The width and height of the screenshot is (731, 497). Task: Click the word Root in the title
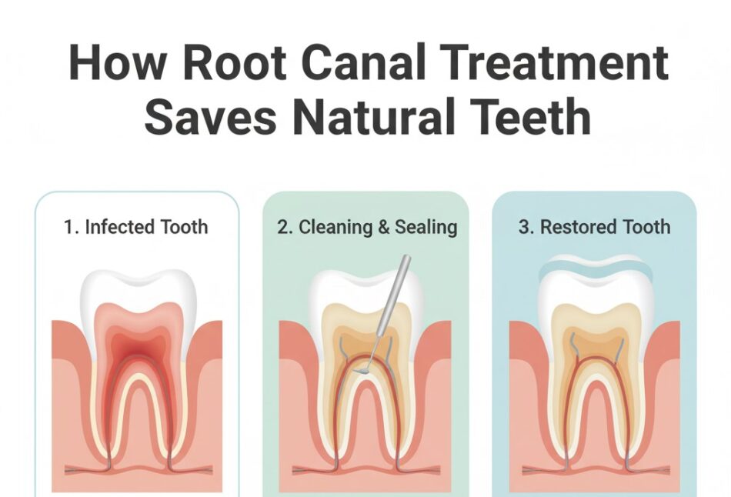coord(234,63)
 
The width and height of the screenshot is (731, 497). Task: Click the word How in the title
coord(117,62)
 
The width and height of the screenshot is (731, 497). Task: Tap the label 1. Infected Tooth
coord(135,227)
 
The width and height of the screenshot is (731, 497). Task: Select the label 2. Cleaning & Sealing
coord(367,227)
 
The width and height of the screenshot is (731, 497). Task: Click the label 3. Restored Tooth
coord(594,227)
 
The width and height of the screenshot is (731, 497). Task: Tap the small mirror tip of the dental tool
coord(362,371)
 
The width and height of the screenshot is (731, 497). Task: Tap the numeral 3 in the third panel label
coord(523,227)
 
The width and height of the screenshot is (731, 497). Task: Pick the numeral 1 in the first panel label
coord(68,228)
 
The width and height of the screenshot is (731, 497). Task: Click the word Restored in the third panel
coord(579,227)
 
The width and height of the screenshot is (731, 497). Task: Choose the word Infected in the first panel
coord(120,227)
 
